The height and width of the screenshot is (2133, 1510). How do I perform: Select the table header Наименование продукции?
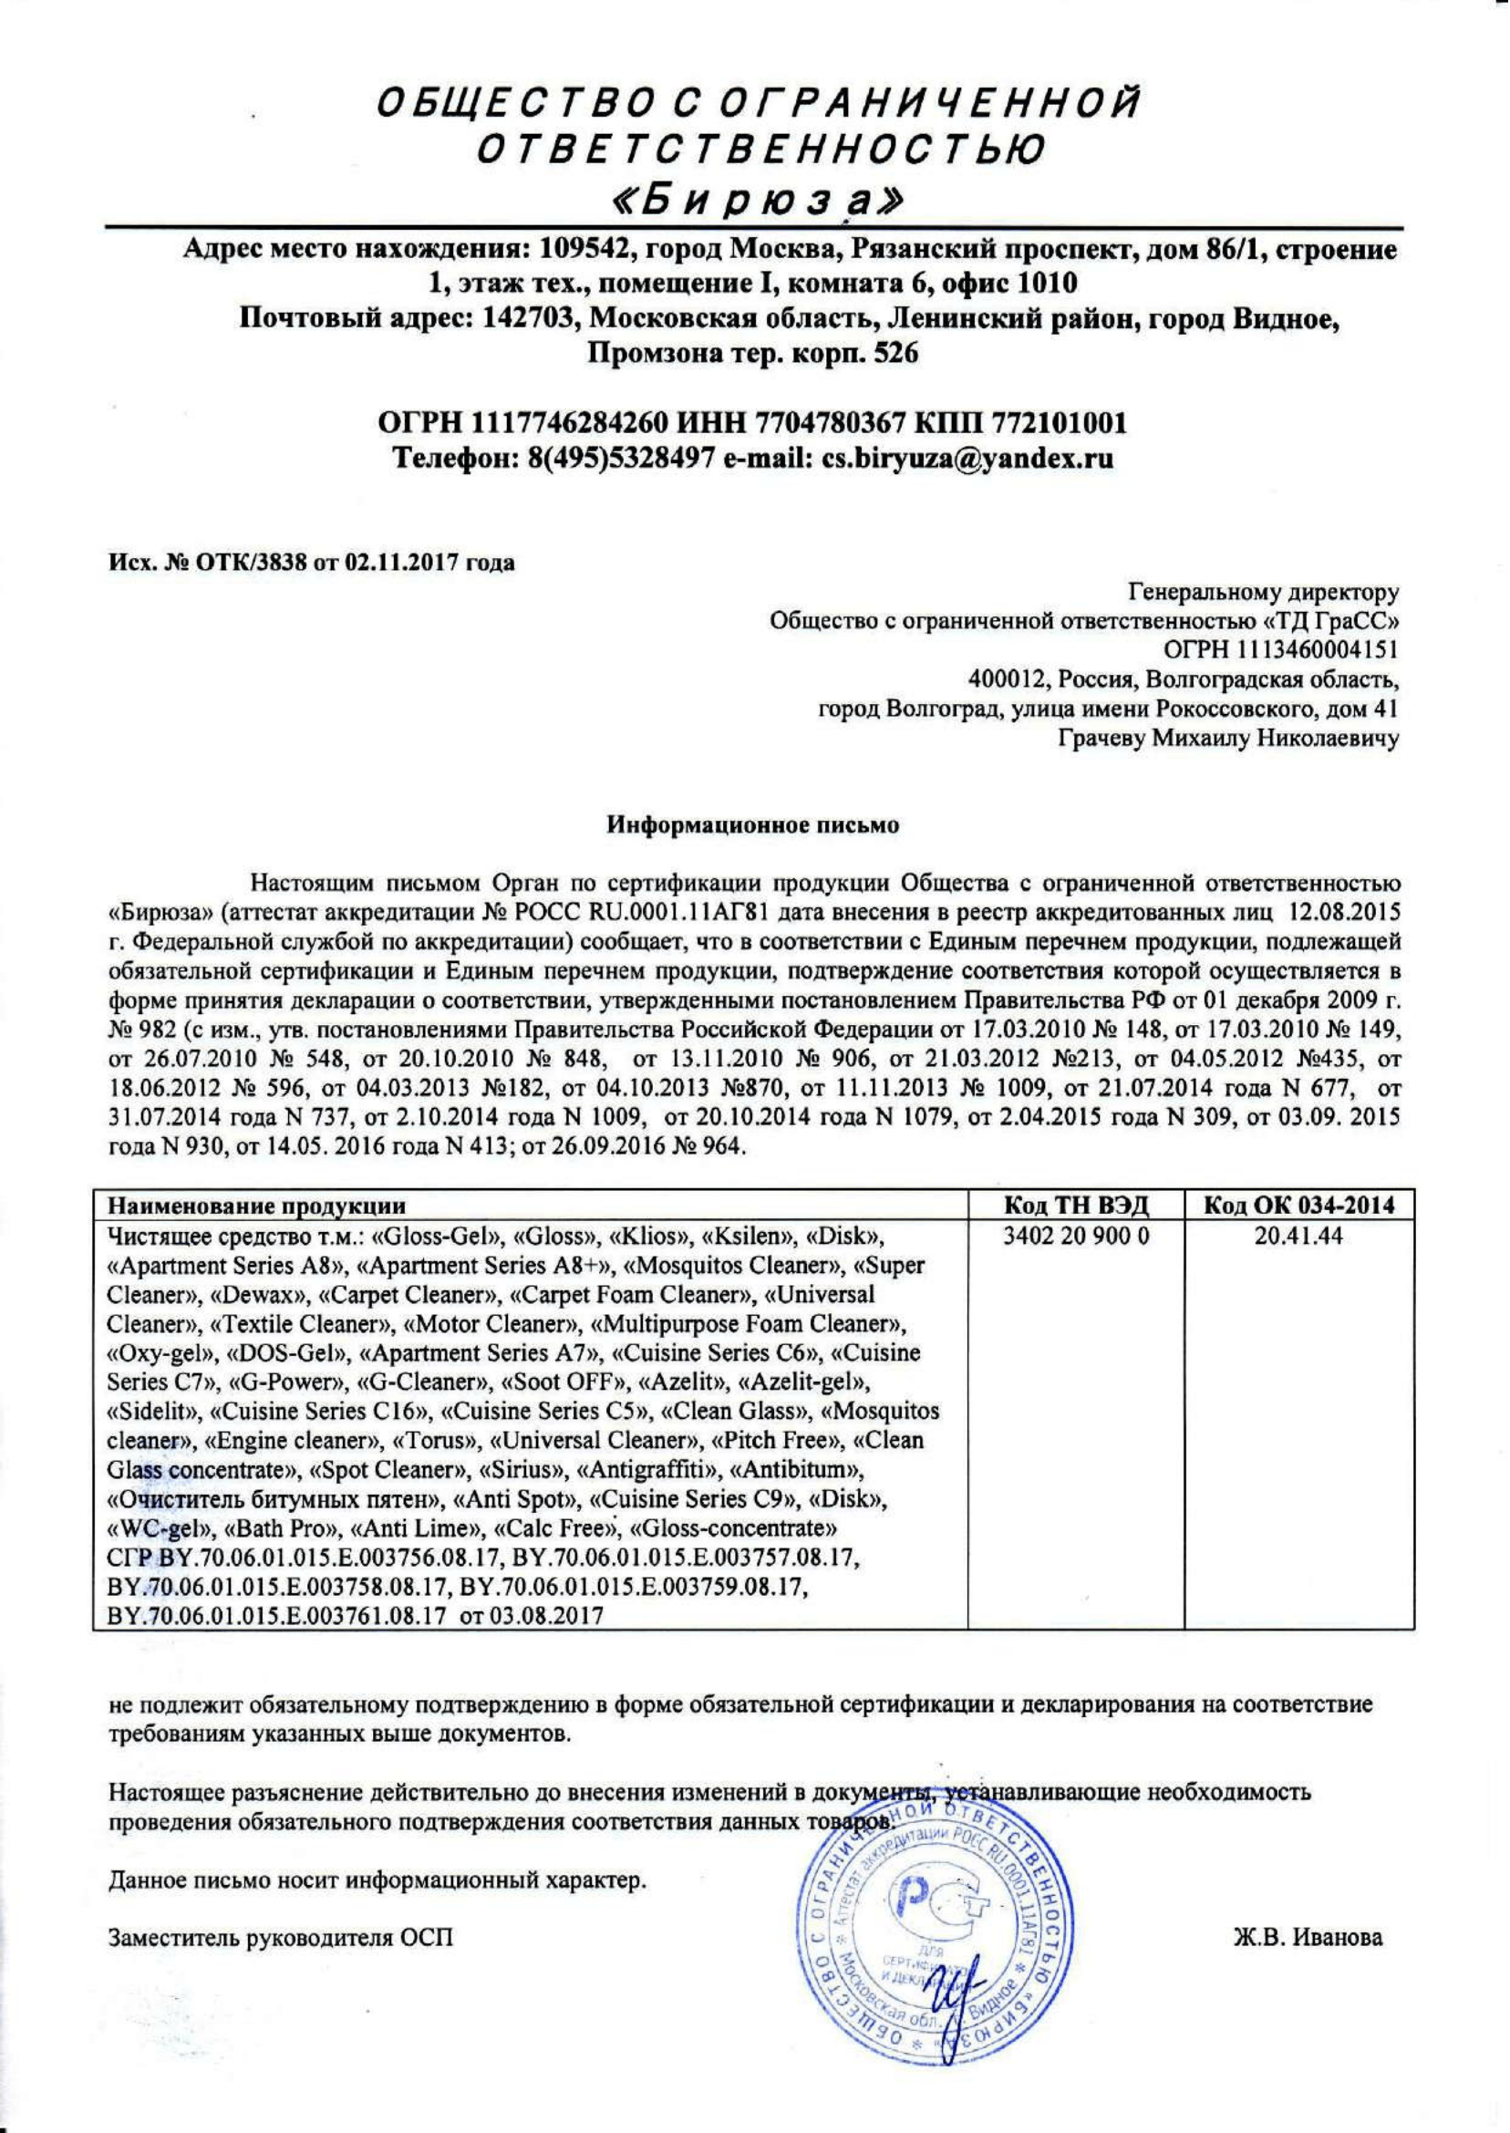(x=256, y=1206)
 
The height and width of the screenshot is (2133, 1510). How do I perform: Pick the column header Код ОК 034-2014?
(x=1299, y=1206)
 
